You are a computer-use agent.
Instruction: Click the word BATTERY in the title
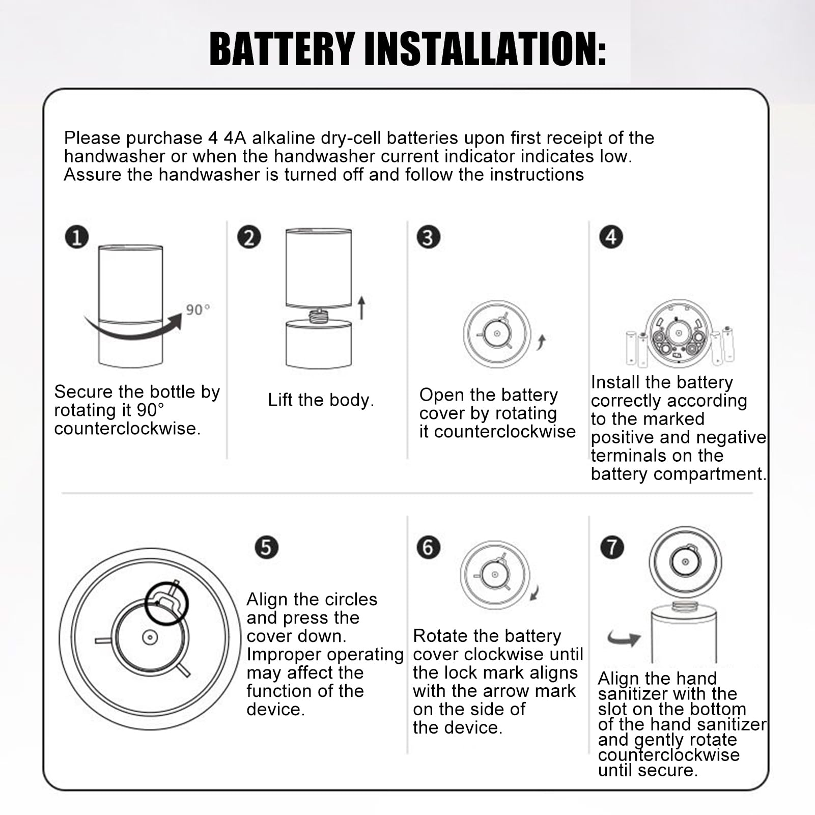click(282, 49)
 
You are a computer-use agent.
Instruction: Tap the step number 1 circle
click(77, 238)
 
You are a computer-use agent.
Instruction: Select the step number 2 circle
click(249, 238)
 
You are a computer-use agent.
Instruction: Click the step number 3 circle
click(428, 238)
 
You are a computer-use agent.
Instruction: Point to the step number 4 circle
click(611, 237)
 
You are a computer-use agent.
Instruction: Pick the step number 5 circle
click(266, 548)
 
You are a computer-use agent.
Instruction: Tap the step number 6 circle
click(428, 548)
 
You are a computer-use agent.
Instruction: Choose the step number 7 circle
click(612, 548)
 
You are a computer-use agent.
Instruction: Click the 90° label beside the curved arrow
click(198, 310)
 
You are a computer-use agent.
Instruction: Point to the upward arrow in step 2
click(361, 308)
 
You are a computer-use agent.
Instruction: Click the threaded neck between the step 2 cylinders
click(319, 315)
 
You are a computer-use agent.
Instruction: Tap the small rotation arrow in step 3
click(541, 343)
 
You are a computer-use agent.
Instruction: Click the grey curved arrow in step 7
click(624, 638)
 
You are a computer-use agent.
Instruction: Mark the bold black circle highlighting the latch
click(166, 603)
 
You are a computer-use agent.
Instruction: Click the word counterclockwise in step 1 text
click(127, 429)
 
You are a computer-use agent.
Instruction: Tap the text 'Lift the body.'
click(321, 400)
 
